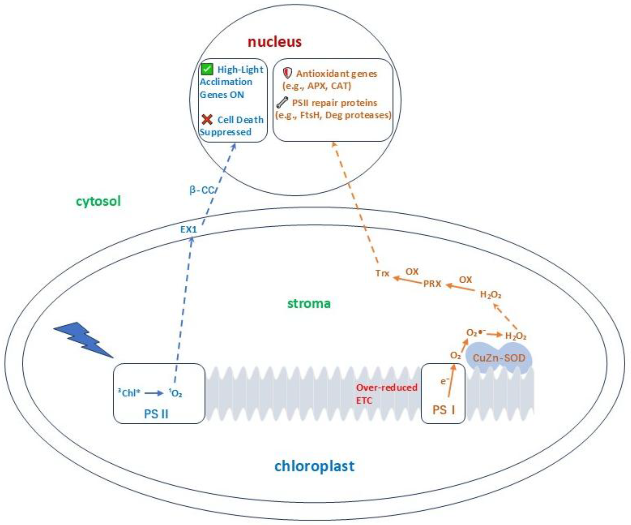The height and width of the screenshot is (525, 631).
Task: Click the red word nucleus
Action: [x=274, y=42]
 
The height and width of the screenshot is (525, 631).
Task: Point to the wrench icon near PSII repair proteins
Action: [x=282, y=102]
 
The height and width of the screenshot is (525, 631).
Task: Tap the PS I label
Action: [x=443, y=410]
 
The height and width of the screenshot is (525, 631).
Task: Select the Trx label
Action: [x=382, y=273]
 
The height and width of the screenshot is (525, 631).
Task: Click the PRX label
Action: [x=432, y=283]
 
